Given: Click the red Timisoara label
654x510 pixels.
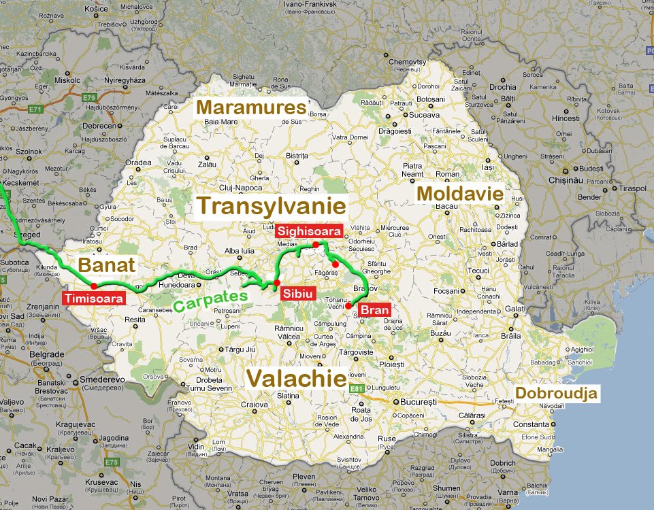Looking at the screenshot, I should coord(94,298).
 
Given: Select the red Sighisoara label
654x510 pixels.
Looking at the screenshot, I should coord(308,231).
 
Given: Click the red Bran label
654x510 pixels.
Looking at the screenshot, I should coord(374,311).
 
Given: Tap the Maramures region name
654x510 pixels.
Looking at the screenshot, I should coord(251,107).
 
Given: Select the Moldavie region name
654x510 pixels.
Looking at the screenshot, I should coord(460,194).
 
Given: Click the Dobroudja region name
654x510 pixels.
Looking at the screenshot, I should coord(556,393).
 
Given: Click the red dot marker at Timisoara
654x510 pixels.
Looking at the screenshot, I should coord(93,286).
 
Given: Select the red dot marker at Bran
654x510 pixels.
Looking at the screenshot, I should coord(348,306).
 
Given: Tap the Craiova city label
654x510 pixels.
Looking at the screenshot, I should coord(254,405).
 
